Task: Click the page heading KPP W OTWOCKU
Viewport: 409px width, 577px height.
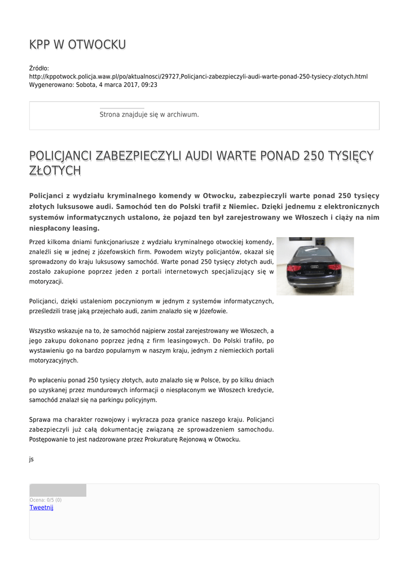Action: (x=77, y=45)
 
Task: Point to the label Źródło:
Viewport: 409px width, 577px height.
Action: (x=39, y=68)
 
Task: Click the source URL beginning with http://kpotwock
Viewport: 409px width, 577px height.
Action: (x=198, y=76)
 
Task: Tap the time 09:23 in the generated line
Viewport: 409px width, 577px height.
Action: (x=149, y=85)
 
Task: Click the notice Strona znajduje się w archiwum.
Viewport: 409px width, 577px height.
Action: (x=149, y=114)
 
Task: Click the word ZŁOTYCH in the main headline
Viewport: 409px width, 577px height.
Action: (x=55, y=171)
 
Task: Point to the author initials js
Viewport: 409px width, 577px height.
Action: (x=32, y=459)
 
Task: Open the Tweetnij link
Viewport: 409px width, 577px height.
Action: (x=41, y=507)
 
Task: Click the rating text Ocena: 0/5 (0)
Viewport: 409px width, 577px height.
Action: (x=46, y=500)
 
